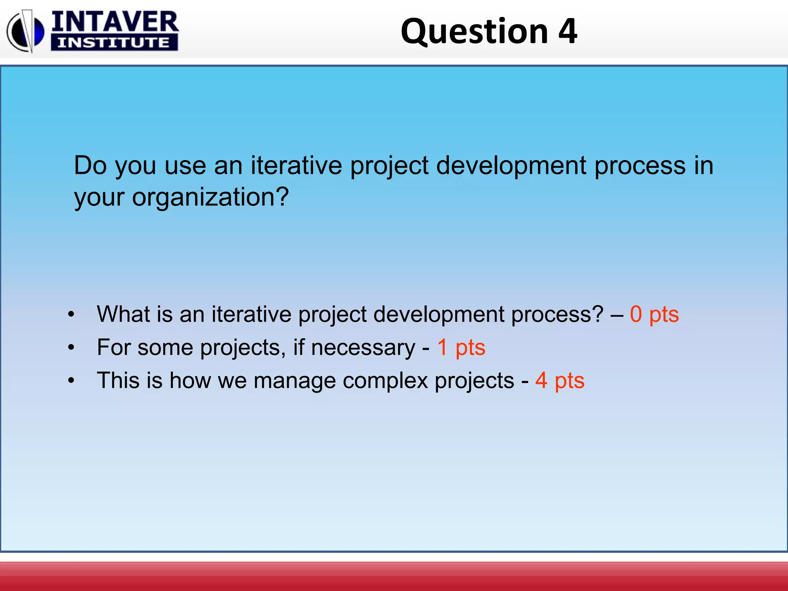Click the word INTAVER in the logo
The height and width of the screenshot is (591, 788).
(x=115, y=22)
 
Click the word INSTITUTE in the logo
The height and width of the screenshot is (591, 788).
(x=114, y=43)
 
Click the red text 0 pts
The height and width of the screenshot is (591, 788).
(x=654, y=314)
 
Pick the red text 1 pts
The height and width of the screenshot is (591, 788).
(x=461, y=347)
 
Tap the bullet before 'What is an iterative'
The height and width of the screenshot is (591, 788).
(x=71, y=314)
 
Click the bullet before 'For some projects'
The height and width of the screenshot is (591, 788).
(x=71, y=347)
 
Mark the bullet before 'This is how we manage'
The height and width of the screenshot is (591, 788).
(x=71, y=381)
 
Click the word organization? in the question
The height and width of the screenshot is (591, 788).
(x=210, y=198)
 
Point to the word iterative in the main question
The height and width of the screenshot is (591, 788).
(x=296, y=165)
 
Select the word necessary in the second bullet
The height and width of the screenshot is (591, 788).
(x=363, y=348)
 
